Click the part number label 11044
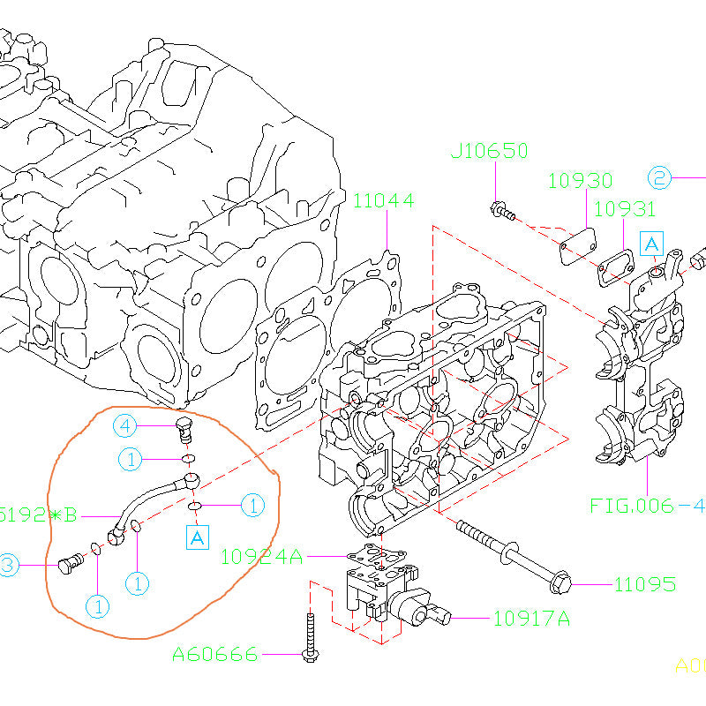coord(383,200)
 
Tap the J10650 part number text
coord(489,152)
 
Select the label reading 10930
coord(580,181)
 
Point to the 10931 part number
coord(624,209)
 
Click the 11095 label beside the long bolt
coord(645,584)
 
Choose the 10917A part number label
coord(531,619)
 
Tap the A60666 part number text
coord(215,654)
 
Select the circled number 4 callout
coord(125,427)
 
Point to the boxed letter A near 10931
coord(650,243)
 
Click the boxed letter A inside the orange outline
coord(197,535)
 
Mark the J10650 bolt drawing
coord(500,211)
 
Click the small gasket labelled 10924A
coord(377,558)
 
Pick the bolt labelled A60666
coord(310,637)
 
